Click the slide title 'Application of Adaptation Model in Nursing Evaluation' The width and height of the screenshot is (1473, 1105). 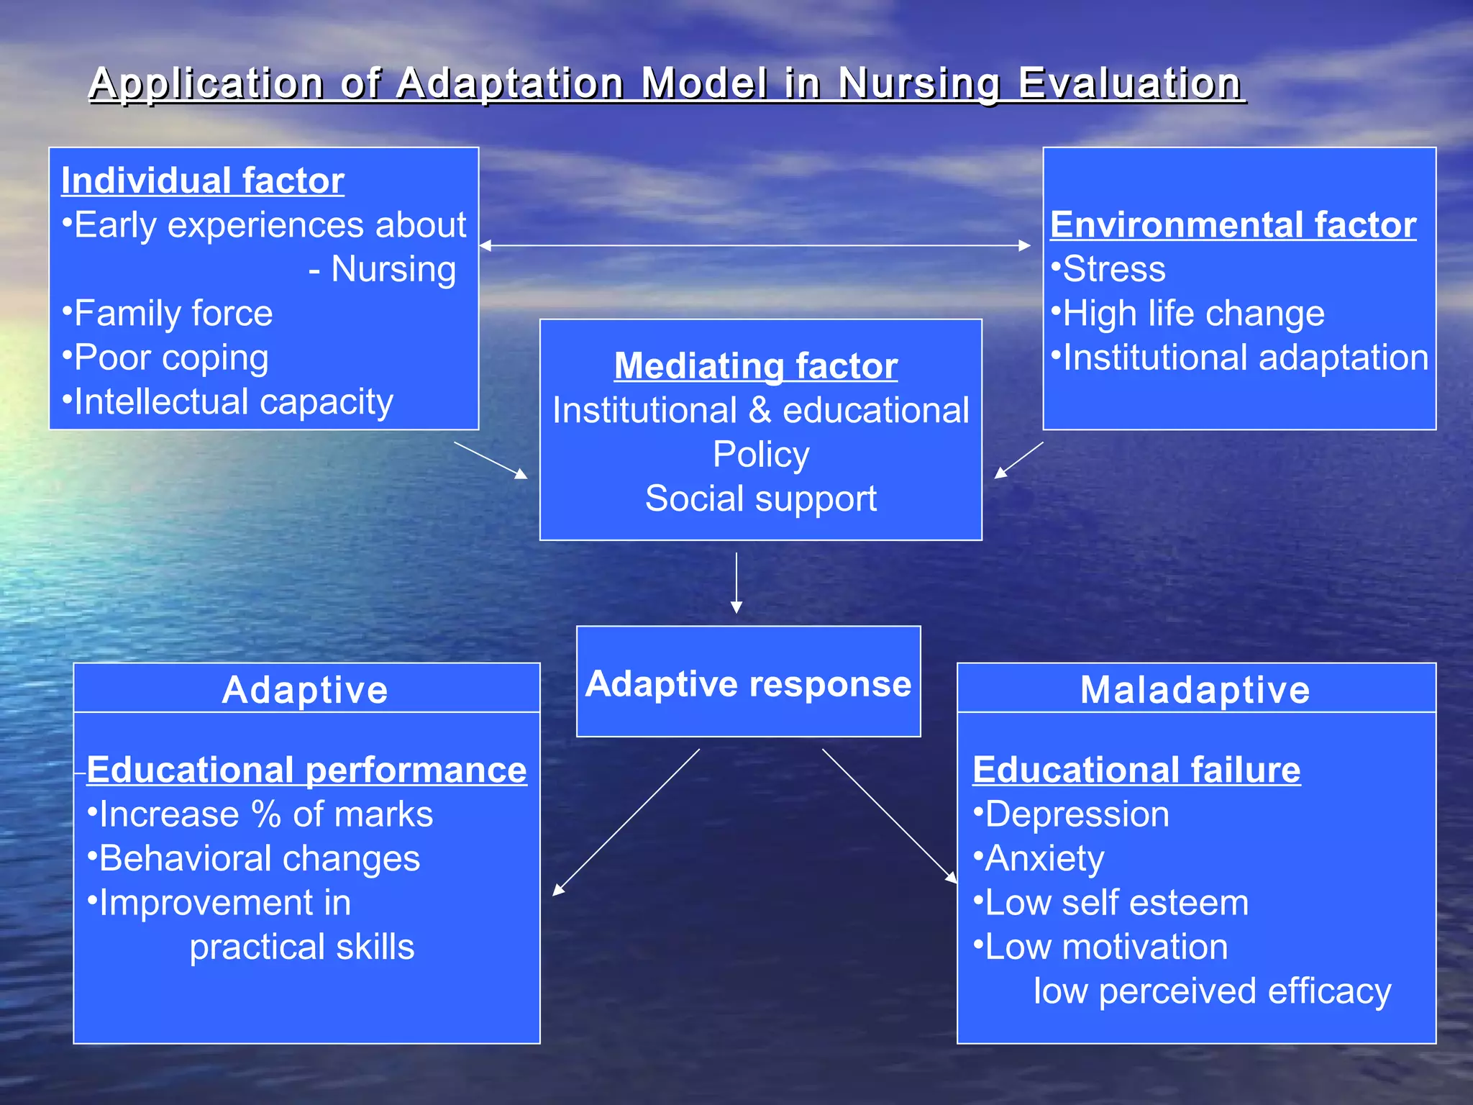click(667, 84)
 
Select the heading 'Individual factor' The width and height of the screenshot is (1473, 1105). click(203, 180)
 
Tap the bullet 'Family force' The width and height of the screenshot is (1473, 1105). click(168, 313)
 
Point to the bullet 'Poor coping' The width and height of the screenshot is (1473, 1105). click(165, 358)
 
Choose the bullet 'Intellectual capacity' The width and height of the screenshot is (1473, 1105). click(227, 401)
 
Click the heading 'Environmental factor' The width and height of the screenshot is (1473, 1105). click(1233, 224)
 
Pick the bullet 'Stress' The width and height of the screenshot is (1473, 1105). click(1108, 269)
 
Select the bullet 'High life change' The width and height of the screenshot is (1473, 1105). click(1188, 314)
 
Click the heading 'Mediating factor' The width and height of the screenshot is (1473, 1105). click(756, 365)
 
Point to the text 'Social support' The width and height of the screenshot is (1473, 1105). click(761, 499)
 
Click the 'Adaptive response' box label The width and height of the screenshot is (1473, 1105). click(749, 683)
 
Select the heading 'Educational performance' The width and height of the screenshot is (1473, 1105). click(306, 770)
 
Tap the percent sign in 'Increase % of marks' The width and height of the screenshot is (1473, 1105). click(265, 814)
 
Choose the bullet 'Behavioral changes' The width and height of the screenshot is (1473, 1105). click(254, 859)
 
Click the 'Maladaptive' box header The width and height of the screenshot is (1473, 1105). click(1195, 689)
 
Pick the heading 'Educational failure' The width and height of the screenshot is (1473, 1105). click(1136, 770)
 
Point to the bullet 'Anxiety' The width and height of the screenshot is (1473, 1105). click(1039, 859)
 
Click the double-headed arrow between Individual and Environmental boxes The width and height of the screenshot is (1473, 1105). click(754, 245)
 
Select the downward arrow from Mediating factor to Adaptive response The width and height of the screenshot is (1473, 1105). click(736, 583)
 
